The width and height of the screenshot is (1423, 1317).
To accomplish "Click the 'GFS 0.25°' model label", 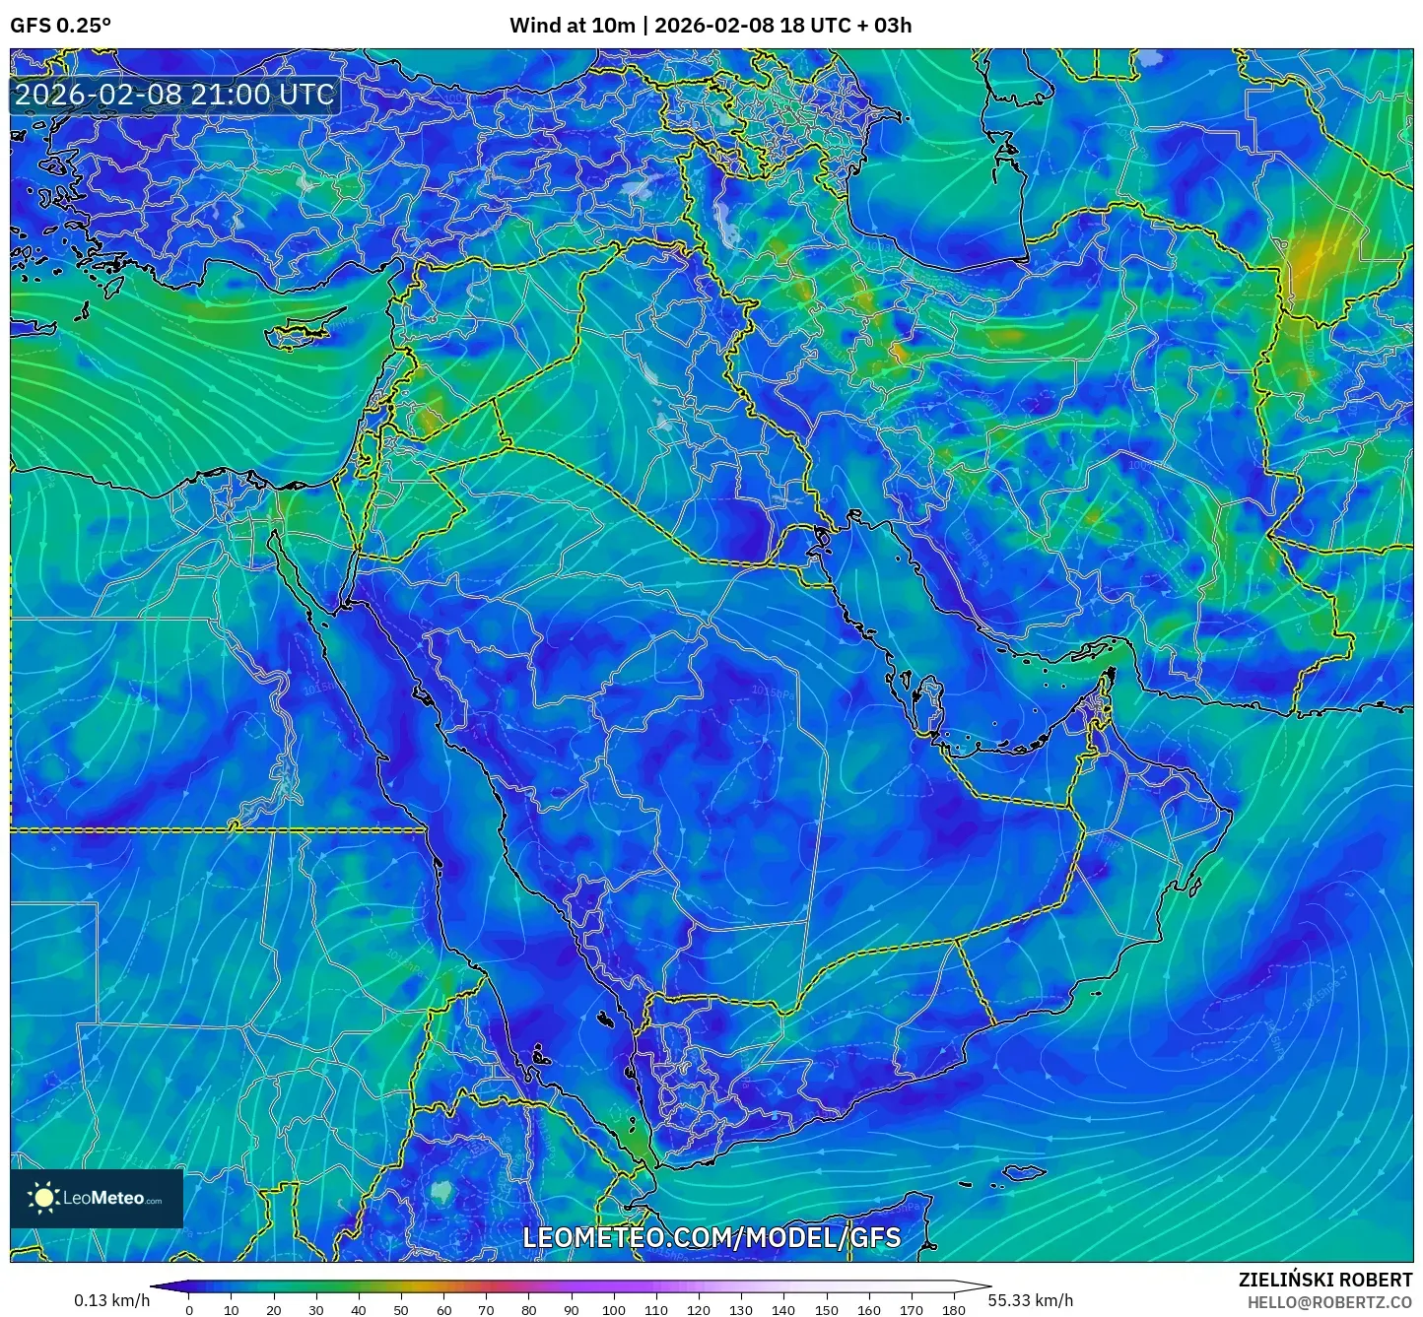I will (60, 26).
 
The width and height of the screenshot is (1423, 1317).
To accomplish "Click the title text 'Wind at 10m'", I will (572, 26).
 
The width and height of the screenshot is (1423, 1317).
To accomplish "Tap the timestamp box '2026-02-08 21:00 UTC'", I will (174, 95).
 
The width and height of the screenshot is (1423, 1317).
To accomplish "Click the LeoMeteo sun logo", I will (43, 1198).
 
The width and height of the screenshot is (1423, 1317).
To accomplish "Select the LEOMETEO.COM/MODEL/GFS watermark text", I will (711, 1237).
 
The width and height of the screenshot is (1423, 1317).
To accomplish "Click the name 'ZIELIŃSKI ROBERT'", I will (1325, 1280).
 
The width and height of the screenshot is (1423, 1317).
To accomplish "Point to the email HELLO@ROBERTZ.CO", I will (1329, 1302).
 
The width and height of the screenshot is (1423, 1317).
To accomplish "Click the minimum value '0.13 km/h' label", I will (112, 1300).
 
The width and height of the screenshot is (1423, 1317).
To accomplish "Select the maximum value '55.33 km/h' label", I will (1031, 1300).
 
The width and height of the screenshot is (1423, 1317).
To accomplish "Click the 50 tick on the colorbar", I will (401, 1309).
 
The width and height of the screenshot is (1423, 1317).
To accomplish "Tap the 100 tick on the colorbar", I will (614, 1309).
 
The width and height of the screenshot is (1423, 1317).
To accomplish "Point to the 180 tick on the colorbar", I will (953, 1309).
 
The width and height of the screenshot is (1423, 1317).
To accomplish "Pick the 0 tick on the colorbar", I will (189, 1309).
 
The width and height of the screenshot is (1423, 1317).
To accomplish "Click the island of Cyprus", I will (301, 333).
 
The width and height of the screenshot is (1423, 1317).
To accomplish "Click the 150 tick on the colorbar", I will (826, 1309).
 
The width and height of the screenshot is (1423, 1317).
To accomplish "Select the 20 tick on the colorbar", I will (274, 1309).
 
